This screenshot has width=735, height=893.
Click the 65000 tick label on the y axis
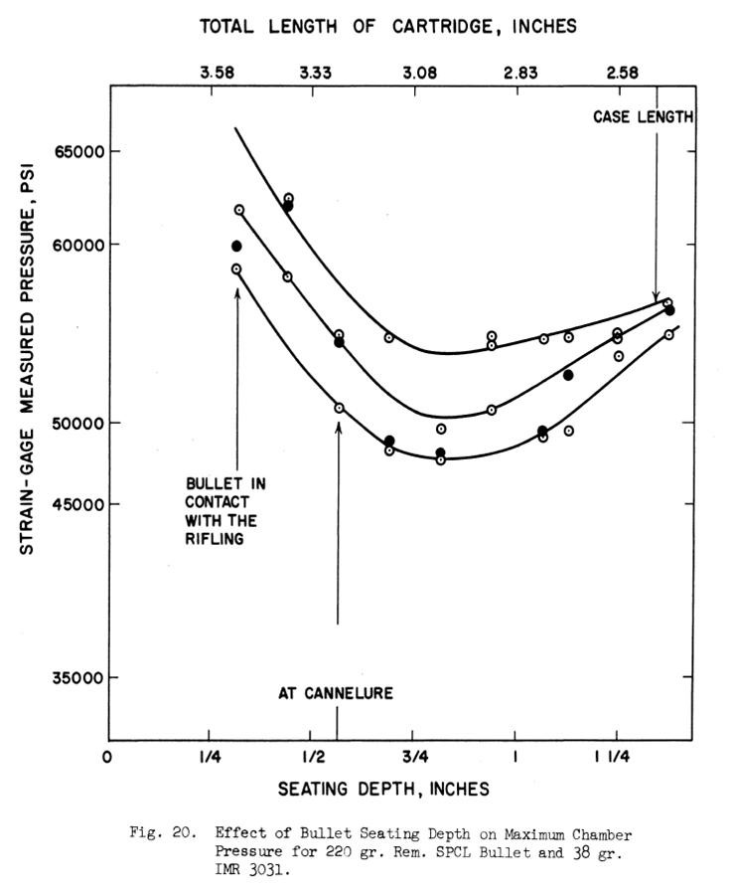[73, 151]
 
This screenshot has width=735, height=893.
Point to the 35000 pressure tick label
[73, 678]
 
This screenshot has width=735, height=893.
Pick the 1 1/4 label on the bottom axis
[612, 758]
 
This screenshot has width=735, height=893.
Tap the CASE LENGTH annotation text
[644, 117]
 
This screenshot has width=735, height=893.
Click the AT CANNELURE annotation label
[336, 693]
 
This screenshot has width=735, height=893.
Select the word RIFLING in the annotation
[215, 539]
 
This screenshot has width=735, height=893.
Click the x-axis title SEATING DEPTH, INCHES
[383, 789]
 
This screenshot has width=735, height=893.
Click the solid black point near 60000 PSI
[236, 246]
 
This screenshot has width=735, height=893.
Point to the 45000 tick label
[73, 503]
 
